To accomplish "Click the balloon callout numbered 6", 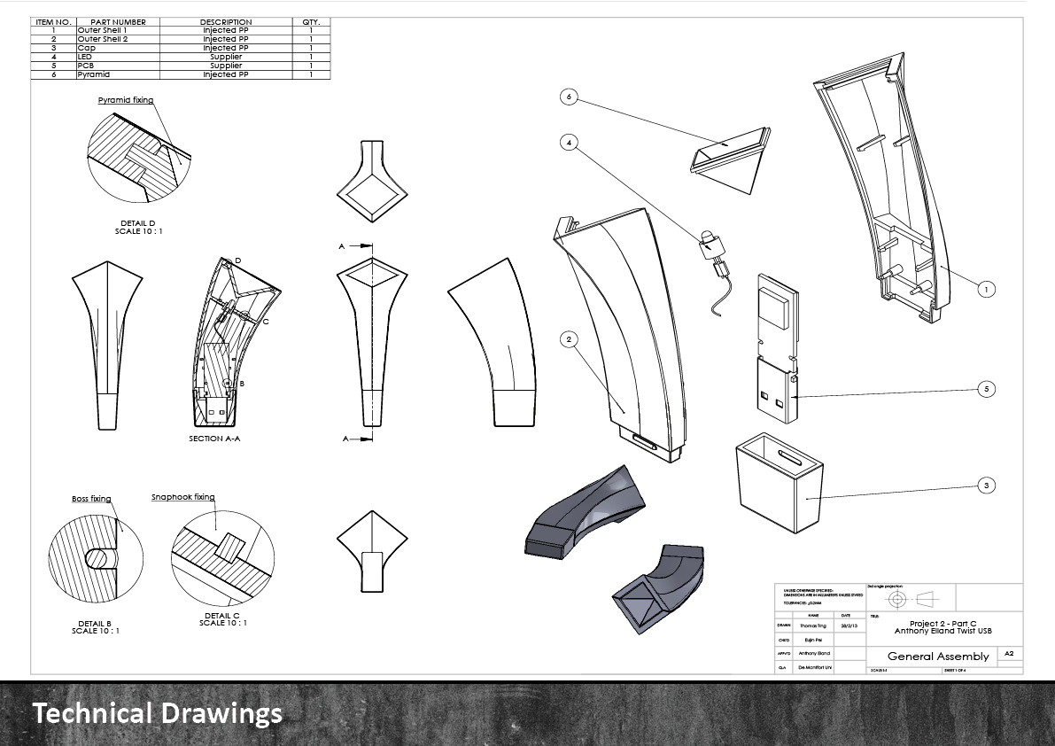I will [x=570, y=97].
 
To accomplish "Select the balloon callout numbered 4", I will [x=570, y=141].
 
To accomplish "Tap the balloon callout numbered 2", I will [x=570, y=339].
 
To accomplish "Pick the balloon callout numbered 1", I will [x=985, y=289].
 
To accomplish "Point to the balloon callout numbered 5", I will [x=985, y=388].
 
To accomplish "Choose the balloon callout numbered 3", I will [x=985, y=485].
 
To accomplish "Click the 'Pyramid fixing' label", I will [x=125, y=100].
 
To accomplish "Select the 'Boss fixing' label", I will [x=91, y=499].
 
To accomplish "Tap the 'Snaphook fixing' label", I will [x=182, y=497].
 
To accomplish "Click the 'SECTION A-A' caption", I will [x=218, y=439].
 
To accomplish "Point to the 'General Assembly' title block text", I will [x=937, y=657].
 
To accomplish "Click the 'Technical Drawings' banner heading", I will [x=158, y=713].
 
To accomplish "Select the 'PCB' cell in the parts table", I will [x=86, y=66].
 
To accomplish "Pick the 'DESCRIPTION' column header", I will [x=226, y=22].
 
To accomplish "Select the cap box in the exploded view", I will [x=780, y=483].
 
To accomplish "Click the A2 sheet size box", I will [x=1009, y=654].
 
